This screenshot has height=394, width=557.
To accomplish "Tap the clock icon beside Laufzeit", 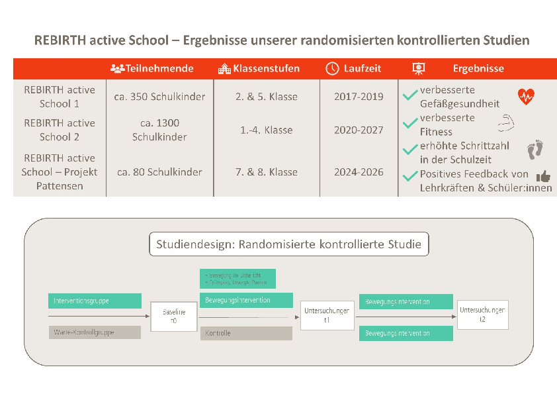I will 333,68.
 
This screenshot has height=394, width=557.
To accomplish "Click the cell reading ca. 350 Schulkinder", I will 159,97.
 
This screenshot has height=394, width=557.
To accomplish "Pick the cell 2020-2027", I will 359,130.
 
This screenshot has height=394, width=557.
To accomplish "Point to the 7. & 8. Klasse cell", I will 266,172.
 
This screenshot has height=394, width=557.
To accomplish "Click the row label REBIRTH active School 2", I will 60,130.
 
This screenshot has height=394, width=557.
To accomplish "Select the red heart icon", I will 526,97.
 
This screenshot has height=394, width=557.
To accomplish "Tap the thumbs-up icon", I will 543,176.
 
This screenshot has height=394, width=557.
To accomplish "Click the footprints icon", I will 535,150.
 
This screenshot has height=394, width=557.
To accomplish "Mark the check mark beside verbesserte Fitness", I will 409,125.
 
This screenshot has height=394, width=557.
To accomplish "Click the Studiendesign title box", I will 288,244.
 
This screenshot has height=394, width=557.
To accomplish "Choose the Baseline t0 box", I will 174,315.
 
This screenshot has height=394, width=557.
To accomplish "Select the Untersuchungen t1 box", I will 326,315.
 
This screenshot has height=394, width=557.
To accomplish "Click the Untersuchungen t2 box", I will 482,314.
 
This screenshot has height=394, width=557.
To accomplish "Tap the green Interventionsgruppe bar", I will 95,301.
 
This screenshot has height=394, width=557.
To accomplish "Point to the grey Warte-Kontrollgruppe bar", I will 95,332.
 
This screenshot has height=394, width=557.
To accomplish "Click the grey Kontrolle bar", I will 246,333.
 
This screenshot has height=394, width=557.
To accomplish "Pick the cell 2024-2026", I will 359,172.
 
